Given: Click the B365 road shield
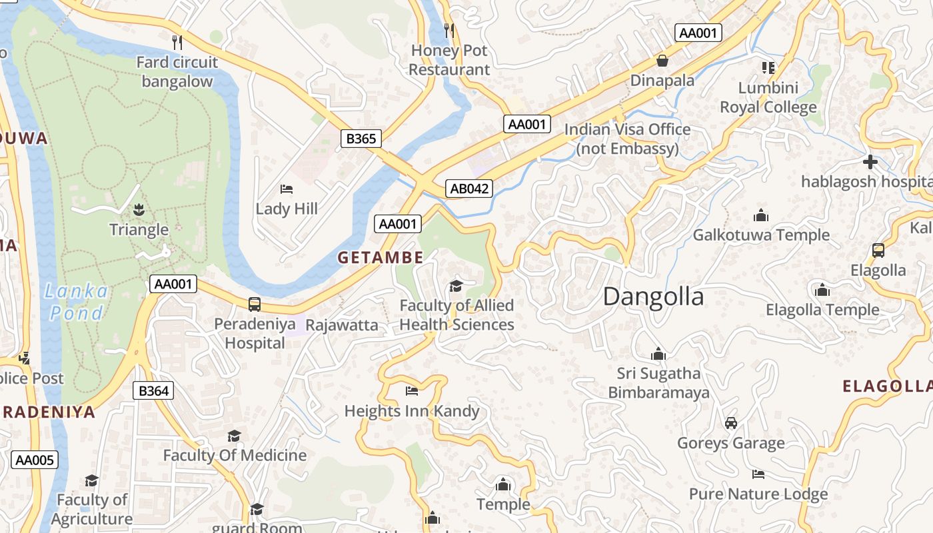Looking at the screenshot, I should click(x=362, y=139).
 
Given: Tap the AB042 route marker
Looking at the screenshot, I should click(x=469, y=189).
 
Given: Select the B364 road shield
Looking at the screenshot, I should click(x=153, y=390).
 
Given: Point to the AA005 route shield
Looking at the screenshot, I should click(x=35, y=460).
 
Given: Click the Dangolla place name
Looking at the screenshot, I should click(x=653, y=296).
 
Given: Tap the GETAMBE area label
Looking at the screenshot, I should click(x=380, y=257).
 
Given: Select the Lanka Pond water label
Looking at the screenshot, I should click(x=77, y=302).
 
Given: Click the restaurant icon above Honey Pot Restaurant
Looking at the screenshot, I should click(x=449, y=30).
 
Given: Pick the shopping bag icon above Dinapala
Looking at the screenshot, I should click(x=662, y=61).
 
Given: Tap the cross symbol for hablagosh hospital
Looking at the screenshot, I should click(x=870, y=162).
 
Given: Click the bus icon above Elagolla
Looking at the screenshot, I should click(x=878, y=251).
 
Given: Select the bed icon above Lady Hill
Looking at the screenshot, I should click(x=287, y=189).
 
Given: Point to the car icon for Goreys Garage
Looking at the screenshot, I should click(x=731, y=423).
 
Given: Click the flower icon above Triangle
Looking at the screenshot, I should click(x=139, y=210).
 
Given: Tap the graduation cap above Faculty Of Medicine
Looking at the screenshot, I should click(x=234, y=436).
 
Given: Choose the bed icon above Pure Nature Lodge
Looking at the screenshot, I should click(x=758, y=474).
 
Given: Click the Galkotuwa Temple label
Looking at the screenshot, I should click(x=761, y=235).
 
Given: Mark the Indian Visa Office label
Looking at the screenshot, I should click(x=627, y=138).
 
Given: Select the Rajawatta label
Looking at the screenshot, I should click(x=342, y=325).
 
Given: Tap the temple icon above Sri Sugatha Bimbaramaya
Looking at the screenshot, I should click(x=658, y=354).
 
